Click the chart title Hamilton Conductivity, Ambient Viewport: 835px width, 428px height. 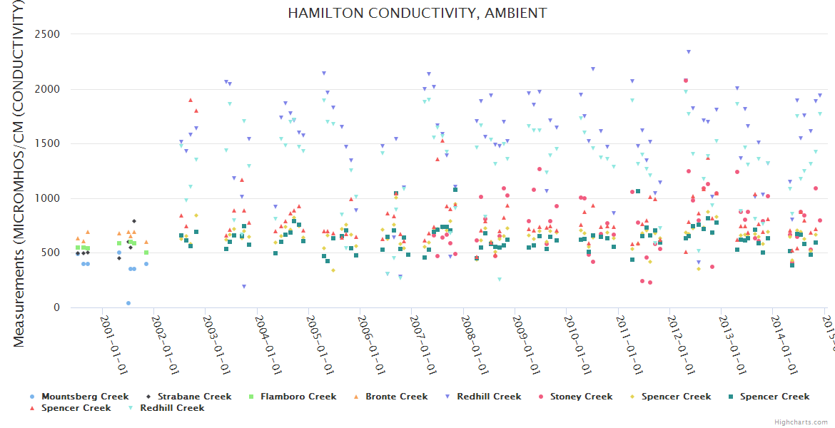tap(417, 13)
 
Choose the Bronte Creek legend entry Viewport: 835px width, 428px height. tap(396, 397)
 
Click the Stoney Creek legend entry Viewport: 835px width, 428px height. tap(581, 397)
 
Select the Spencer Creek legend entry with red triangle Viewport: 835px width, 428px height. tap(75, 408)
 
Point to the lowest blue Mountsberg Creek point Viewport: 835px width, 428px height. tap(128, 303)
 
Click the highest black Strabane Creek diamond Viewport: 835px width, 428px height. tap(134, 221)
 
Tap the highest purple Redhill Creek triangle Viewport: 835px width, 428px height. tap(688, 51)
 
